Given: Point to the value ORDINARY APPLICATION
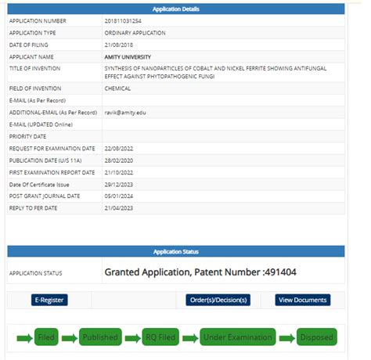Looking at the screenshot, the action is pos(135,33).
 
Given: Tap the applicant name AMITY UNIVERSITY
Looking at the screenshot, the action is pos(128,57).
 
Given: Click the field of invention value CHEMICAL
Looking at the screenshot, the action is pos(117,88).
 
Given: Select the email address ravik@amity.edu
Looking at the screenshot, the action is pos(124,113).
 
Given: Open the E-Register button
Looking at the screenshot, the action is pos(50,300).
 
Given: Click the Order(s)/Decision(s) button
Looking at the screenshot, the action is pos(218,300).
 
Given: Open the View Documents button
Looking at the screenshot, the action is pos(302,300).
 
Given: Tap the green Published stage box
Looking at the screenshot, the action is pos(101,337).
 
